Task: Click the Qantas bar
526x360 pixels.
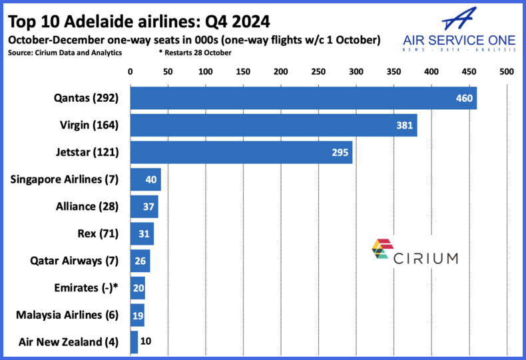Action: (x=303, y=97)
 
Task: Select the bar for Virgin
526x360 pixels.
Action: (x=273, y=124)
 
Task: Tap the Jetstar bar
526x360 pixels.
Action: (x=241, y=152)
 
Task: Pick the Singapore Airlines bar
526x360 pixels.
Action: (x=145, y=179)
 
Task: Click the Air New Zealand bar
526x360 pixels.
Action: (x=134, y=343)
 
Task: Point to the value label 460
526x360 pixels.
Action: (x=463, y=98)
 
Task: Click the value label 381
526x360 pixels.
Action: (x=404, y=125)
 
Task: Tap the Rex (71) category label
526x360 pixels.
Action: (x=98, y=234)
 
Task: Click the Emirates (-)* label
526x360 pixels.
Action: (x=86, y=288)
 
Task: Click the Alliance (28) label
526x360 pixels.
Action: (x=87, y=206)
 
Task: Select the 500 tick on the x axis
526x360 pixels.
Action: (x=507, y=71)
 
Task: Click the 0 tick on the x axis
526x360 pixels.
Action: (x=130, y=71)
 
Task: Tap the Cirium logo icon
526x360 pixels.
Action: (x=383, y=249)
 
